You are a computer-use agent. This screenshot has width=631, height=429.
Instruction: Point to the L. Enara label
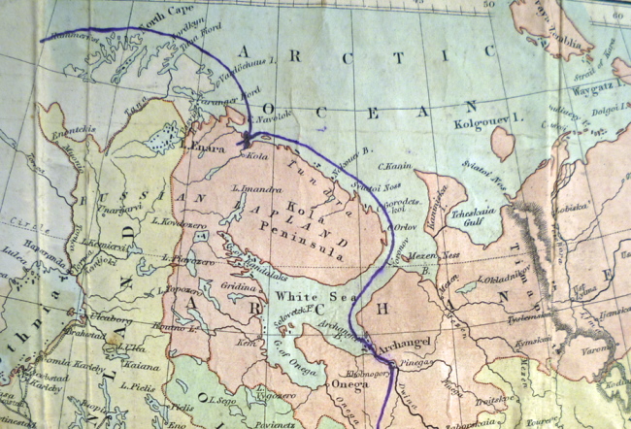pos(202,148)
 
